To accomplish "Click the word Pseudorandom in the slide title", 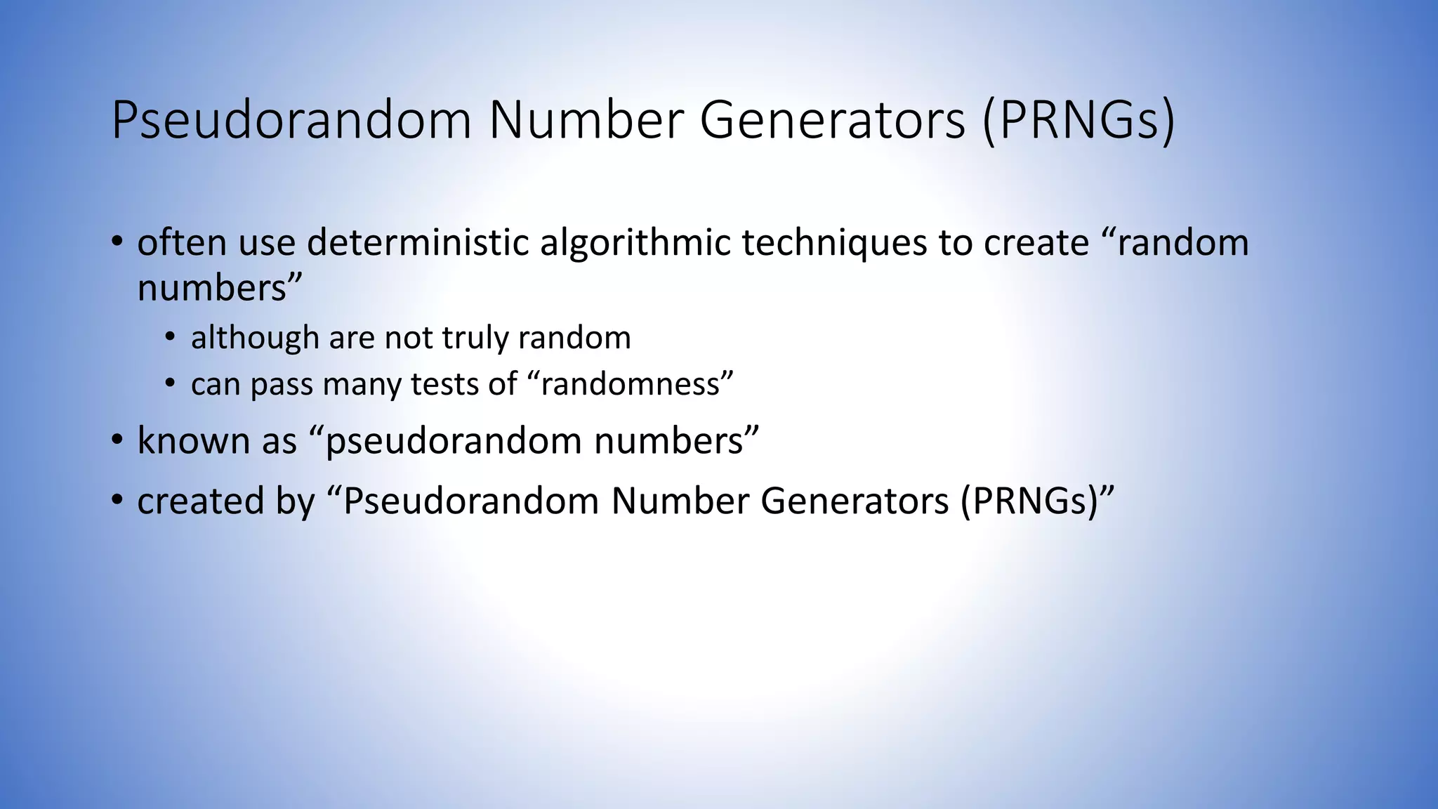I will (291, 121).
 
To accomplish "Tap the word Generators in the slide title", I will (832, 121).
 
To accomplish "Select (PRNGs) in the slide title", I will (1078, 121).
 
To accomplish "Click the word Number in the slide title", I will (586, 121).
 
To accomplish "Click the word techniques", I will (835, 243).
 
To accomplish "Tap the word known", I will (194, 441).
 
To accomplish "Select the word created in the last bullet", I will (200, 501).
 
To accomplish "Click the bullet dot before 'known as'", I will (117, 441).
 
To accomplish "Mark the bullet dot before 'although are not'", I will (170, 338).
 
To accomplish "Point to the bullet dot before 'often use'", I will (117, 243).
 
